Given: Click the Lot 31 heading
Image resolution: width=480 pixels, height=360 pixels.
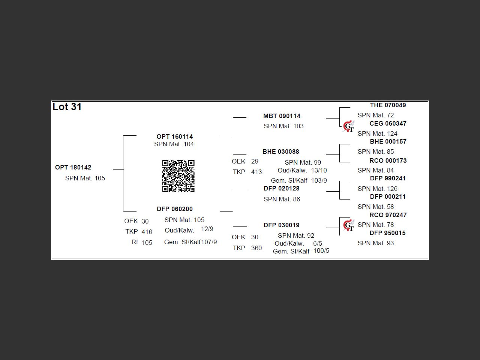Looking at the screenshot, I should (67, 107).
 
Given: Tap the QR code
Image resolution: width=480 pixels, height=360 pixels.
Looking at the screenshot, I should (178, 176).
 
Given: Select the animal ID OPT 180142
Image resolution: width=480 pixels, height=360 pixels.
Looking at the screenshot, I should (73, 167).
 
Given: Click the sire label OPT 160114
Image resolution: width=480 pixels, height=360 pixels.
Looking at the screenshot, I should (175, 136).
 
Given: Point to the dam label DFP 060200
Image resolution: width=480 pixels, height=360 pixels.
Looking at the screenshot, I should (175, 209).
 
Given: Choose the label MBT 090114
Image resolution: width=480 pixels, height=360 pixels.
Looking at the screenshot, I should (282, 116).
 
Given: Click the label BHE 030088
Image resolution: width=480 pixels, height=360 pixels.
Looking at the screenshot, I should (281, 151).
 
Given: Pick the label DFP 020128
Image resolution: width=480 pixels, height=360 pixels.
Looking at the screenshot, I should (282, 188).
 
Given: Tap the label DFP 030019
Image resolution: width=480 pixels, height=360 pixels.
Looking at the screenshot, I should (282, 225).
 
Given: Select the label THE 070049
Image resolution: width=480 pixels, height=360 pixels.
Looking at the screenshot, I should (388, 105).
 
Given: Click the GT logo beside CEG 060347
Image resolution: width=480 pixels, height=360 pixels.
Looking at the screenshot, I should (349, 126).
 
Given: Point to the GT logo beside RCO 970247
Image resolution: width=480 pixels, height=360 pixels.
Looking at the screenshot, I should (349, 225).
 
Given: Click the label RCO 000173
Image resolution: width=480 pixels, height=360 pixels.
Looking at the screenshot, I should (388, 160).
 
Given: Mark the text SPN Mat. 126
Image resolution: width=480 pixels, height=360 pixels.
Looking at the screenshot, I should (377, 189).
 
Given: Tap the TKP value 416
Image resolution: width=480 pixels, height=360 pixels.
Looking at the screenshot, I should (147, 232).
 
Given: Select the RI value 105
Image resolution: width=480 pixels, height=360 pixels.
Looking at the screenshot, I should (147, 243).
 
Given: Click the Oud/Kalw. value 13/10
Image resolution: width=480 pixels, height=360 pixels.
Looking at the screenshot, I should (319, 170).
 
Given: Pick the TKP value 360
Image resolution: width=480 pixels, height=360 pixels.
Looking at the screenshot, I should (256, 248).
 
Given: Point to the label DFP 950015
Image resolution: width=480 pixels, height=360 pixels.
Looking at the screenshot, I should (387, 233).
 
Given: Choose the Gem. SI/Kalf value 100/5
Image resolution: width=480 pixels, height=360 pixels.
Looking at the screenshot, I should (321, 250).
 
